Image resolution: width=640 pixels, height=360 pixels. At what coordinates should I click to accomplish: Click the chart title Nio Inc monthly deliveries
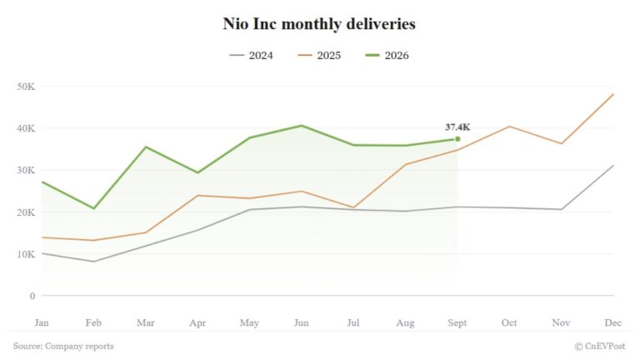[319, 23]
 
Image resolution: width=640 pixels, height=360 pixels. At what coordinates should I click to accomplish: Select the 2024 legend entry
[251, 56]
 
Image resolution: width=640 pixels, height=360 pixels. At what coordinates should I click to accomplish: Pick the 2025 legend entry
[319, 56]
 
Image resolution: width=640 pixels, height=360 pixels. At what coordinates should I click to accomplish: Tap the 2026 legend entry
[387, 56]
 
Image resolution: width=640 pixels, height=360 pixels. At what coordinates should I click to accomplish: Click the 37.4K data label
[457, 127]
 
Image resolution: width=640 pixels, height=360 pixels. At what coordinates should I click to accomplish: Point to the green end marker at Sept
[457, 139]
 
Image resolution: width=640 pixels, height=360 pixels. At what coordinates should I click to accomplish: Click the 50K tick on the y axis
[26, 87]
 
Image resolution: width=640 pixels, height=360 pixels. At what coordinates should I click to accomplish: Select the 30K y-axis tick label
[26, 170]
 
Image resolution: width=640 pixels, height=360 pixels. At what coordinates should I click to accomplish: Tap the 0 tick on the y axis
[32, 296]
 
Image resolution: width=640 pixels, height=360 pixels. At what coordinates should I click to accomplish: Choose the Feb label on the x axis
[93, 322]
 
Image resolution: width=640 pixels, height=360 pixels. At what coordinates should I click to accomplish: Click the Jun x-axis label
[301, 322]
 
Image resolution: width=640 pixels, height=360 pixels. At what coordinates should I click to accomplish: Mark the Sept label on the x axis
[457, 322]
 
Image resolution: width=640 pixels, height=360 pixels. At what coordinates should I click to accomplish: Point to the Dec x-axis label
[613, 322]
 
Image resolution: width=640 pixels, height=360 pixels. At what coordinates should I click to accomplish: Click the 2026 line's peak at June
[302, 126]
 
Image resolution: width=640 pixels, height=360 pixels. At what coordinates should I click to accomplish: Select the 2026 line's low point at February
[94, 208]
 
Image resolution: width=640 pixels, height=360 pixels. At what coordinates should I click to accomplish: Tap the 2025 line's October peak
[509, 127]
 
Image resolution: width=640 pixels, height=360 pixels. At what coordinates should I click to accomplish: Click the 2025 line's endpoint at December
[613, 94]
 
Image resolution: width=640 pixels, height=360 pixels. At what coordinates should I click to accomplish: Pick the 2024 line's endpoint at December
[613, 165]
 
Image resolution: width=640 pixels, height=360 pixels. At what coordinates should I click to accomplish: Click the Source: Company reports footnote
[63, 346]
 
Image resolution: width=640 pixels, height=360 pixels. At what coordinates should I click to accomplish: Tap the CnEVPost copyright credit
[600, 346]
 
